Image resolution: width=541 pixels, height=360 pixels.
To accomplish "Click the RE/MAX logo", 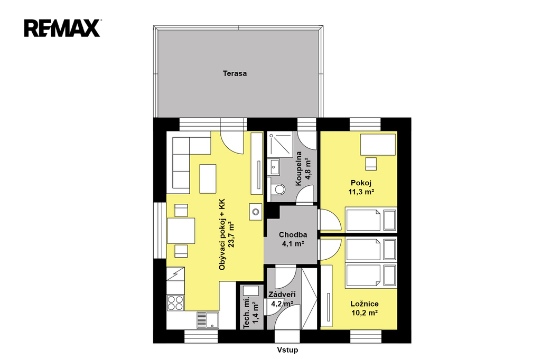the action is pyautogui.click(x=62, y=28).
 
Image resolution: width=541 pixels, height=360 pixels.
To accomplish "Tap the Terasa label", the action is pyautogui.click(x=235, y=73).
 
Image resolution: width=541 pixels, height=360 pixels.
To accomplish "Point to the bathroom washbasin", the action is pyautogui.click(x=275, y=167).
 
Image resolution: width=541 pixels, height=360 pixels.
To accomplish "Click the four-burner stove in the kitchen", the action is pyautogui.click(x=175, y=303).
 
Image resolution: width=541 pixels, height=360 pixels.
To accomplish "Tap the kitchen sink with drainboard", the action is pyautogui.click(x=208, y=320).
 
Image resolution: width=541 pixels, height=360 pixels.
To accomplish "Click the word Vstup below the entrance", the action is pyautogui.click(x=287, y=350).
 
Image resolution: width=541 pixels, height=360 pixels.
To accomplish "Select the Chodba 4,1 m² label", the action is pyautogui.click(x=293, y=239).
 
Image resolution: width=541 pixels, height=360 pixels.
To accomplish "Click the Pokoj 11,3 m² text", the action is pyautogui.click(x=361, y=187).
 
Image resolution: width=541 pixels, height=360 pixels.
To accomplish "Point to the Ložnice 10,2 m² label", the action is pyautogui.click(x=365, y=308).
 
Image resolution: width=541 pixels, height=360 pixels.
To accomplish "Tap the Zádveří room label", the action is pyautogui.click(x=282, y=295).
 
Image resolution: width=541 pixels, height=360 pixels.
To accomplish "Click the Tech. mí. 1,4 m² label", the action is pyautogui.click(x=251, y=312).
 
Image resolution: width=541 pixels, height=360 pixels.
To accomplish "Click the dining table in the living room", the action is pyautogui.click(x=181, y=231).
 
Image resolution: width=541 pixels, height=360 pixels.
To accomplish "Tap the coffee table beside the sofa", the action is pyautogui.click(x=208, y=178).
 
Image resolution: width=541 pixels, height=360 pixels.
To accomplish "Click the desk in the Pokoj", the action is pyautogui.click(x=378, y=145).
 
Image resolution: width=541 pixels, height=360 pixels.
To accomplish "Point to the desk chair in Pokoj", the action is pyautogui.click(x=371, y=164).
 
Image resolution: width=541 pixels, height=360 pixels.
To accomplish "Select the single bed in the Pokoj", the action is pyautogui.click(x=371, y=220).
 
